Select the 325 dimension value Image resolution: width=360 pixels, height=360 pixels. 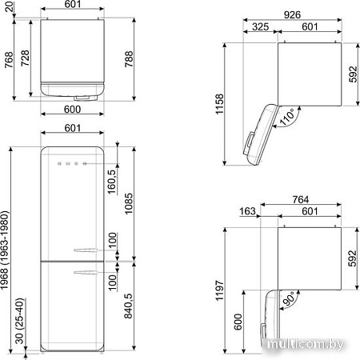(260, 28)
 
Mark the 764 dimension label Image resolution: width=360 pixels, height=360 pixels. (301, 199)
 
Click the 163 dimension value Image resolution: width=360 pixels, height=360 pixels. (246, 212)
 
